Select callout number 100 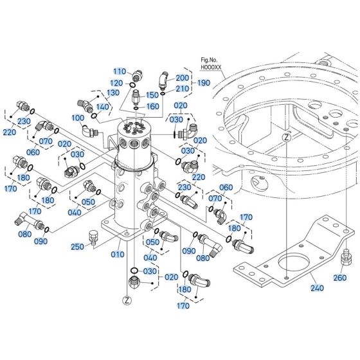(x=78, y=118)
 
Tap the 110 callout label (x=120, y=71)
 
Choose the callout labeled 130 (x=113, y=93)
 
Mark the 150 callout (x=152, y=94)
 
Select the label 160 (x=152, y=107)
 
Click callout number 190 (x=204, y=83)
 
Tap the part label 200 (x=183, y=78)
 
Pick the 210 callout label (x=183, y=89)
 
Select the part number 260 (x=340, y=278)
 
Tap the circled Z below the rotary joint (x=127, y=300)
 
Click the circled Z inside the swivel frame (x=287, y=137)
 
